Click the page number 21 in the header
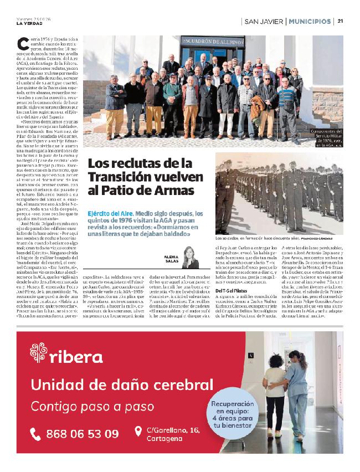341,22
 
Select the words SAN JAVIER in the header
263,22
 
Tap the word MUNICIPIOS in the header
309,22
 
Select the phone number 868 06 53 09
82,433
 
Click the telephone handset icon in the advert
37,433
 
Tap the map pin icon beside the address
138,431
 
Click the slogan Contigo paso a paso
92,406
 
